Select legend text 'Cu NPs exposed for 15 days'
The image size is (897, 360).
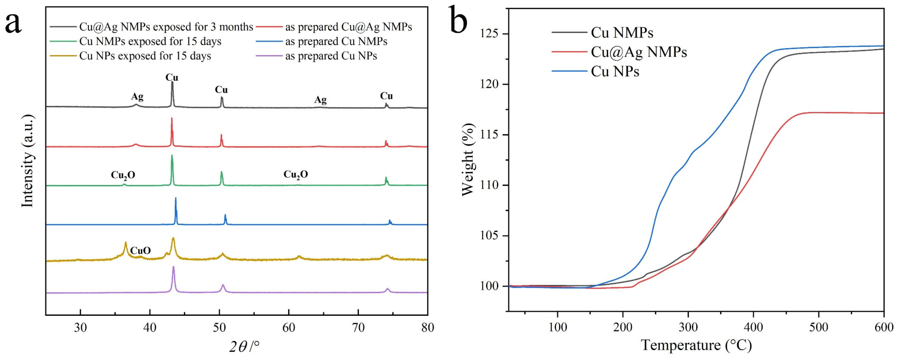click(x=145, y=56)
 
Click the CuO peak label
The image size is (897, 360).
click(x=140, y=251)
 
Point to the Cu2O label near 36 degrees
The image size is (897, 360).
click(x=123, y=175)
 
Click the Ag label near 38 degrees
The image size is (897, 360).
click(x=137, y=97)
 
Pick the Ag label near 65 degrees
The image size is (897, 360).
click(x=320, y=100)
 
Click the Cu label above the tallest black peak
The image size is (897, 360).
click(x=172, y=77)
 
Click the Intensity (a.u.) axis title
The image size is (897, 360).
click(x=28, y=161)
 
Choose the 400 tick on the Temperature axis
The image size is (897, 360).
click(x=753, y=327)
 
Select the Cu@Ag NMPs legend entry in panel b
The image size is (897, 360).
click(x=639, y=52)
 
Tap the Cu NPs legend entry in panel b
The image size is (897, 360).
click(x=615, y=72)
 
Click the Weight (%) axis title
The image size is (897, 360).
click(x=468, y=160)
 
